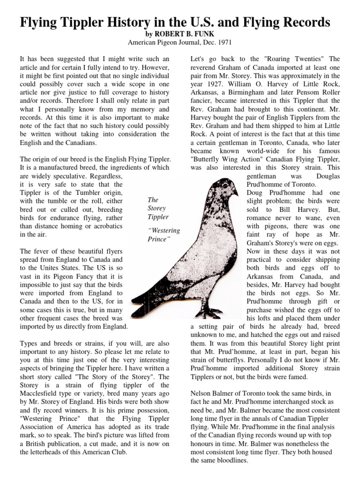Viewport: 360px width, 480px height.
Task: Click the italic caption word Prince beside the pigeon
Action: pyautogui.click(x=157, y=239)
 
